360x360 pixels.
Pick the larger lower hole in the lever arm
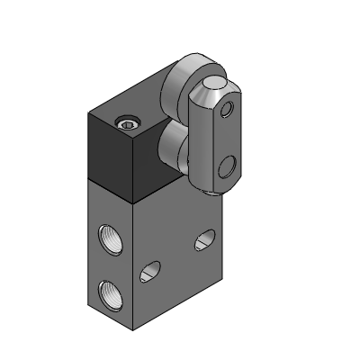[x=227, y=166]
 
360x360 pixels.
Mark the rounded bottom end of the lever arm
[x=212, y=186]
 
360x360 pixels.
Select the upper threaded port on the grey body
[x=105, y=237]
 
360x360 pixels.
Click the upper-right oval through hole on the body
[x=205, y=239]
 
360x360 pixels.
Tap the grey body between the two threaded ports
[x=105, y=263]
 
